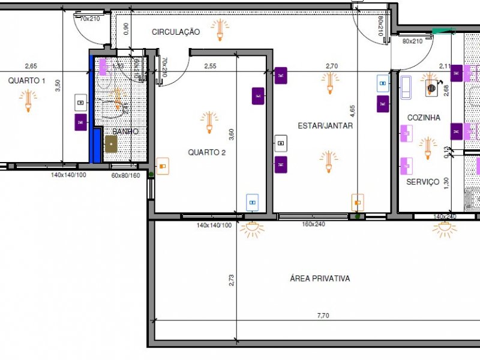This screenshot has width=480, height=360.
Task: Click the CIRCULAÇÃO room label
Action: [x=175, y=32]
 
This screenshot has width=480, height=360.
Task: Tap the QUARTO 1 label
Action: [x=26, y=80]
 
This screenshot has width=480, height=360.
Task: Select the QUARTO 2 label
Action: [x=206, y=152]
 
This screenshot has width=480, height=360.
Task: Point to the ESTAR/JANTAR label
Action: [x=325, y=126]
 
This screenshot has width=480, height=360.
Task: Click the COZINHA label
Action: [x=424, y=118]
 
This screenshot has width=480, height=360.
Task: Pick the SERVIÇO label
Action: [x=422, y=182]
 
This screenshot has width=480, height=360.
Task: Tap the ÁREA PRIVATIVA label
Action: [x=319, y=278]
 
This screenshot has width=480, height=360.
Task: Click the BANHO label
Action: [x=125, y=131]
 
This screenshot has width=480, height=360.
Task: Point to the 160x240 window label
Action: [x=313, y=224]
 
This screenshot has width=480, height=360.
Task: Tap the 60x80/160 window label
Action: [x=125, y=175]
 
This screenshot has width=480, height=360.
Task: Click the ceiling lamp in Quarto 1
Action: [x=27, y=100]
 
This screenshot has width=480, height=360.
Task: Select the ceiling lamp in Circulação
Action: [x=220, y=29]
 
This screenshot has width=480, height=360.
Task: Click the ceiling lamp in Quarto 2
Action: [x=209, y=121]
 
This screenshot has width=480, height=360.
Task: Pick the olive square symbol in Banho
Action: [x=111, y=144]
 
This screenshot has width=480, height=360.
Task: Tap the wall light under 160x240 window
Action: [x=251, y=228]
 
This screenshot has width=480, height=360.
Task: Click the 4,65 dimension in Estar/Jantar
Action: [x=353, y=112]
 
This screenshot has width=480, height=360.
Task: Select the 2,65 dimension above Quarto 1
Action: [x=31, y=66]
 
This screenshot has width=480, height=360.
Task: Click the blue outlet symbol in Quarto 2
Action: [x=253, y=202]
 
